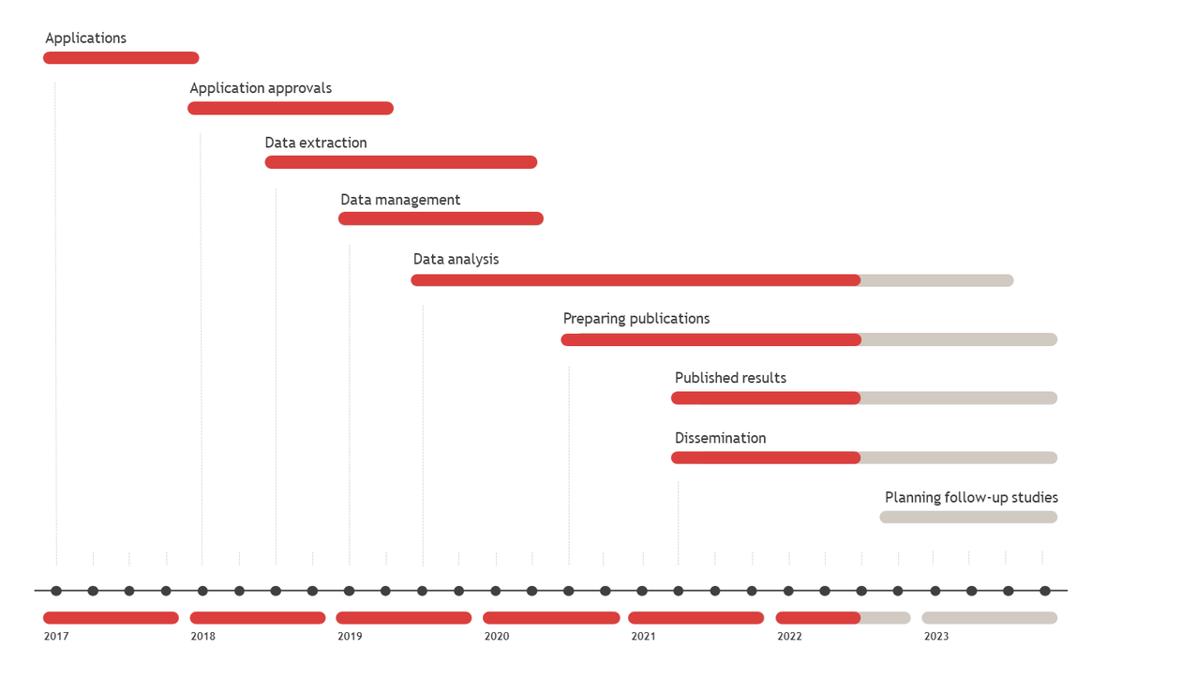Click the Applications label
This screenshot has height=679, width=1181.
(85, 38)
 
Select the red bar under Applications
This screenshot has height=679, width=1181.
(121, 58)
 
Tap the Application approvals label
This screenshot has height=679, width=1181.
(261, 88)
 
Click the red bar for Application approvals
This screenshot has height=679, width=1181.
(291, 109)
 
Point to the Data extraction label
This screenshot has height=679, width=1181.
(316, 143)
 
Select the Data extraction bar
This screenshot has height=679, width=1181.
(401, 162)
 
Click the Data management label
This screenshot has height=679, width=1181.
(400, 200)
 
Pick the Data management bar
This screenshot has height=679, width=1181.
(441, 219)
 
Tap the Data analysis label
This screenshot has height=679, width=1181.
(456, 259)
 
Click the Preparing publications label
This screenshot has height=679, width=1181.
(636, 319)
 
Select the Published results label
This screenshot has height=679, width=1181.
(730, 378)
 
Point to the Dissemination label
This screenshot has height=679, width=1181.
(720, 438)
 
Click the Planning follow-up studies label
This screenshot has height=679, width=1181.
(971, 497)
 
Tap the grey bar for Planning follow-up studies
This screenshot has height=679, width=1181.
(968, 518)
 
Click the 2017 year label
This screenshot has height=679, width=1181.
(56, 636)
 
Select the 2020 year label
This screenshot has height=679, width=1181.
(497, 636)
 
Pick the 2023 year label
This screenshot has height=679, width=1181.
(936, 636)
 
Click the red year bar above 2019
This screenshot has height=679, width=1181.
(404, 618)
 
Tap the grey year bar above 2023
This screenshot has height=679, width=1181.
(990, 618)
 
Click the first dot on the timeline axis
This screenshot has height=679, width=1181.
(56, 591)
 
